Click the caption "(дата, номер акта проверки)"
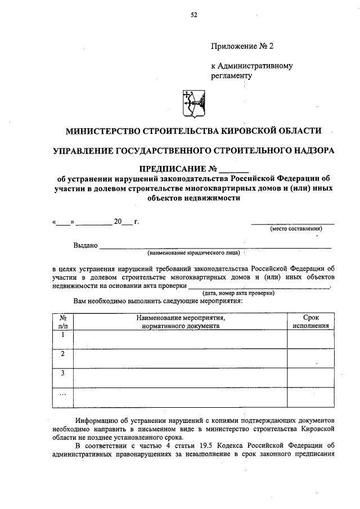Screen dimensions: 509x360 pyautogui.click(x=238, y=293)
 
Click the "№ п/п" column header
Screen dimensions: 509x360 pyautogui.click(x=63, y=322)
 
